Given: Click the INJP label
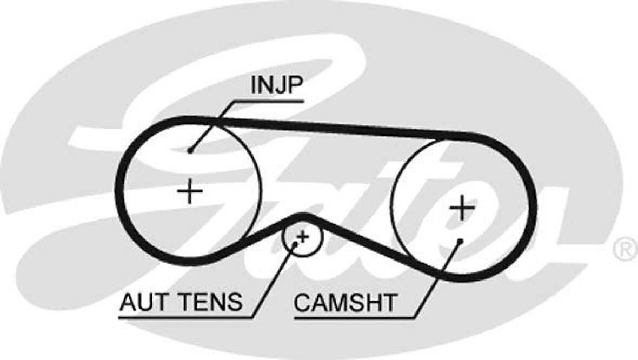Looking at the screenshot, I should (277, 86).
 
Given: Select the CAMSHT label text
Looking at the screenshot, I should (345, 303).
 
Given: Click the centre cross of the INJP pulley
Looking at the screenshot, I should (190, 191).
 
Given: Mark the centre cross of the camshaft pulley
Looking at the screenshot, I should (462, 208).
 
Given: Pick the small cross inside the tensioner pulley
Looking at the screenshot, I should (303, 236).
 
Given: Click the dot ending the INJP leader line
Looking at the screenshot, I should (190, 151).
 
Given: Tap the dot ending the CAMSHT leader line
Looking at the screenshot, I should (460, 241).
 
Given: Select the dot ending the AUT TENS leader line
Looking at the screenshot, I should (295, 244).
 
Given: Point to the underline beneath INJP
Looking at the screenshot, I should (268, 101).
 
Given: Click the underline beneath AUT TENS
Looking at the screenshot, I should (184, 317).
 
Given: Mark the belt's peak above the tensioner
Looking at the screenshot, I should (303, 217).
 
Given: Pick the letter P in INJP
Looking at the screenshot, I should (296, 86).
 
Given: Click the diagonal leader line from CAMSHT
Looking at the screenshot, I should (438, 279).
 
